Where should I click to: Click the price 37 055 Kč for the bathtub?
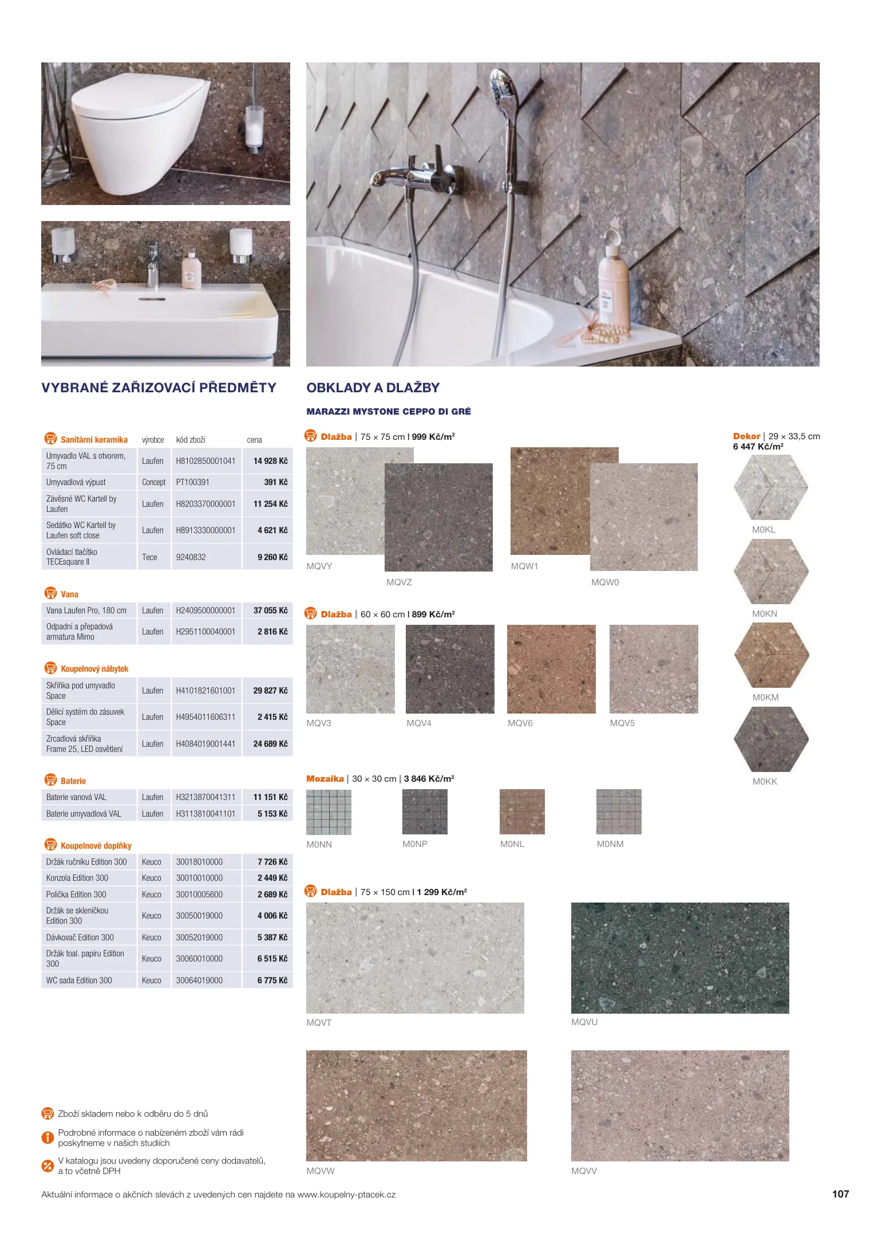pyautogui.click(x=270, y=610)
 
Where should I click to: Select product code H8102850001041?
pyautogui.click(x=205, y=461)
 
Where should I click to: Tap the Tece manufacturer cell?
pyautogui.click(x=149, y=557)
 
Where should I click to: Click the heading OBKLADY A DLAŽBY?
pyautogui.click(x=373, y=388)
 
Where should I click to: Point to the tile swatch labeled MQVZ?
pyautogui.click(x=438, y=517)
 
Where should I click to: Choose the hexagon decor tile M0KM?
pyautogui.click(x=771, y=655)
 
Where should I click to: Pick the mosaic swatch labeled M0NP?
pyautogui.click(x=425, y=811)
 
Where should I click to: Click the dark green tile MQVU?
pyautogui.click(x=679, y=958)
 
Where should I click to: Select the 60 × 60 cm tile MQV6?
pyautogui.click(x=551, y=669)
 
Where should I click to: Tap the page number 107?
pyautogui.click(x=840, y=1194)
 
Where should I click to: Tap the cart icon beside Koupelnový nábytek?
pyautogui.click(x=50, y=668)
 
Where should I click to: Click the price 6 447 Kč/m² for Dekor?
pyautogui.click(x=757, y=447)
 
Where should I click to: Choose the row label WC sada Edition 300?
pyautogui.click(x=79, y=980)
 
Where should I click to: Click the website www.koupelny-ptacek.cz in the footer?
pyautogui.click(x=346, y=1195)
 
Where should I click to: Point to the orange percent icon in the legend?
pyautogui.click(x=48, y=1165)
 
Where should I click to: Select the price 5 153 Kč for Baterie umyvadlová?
pyautogui.click(x=272, y=814)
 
